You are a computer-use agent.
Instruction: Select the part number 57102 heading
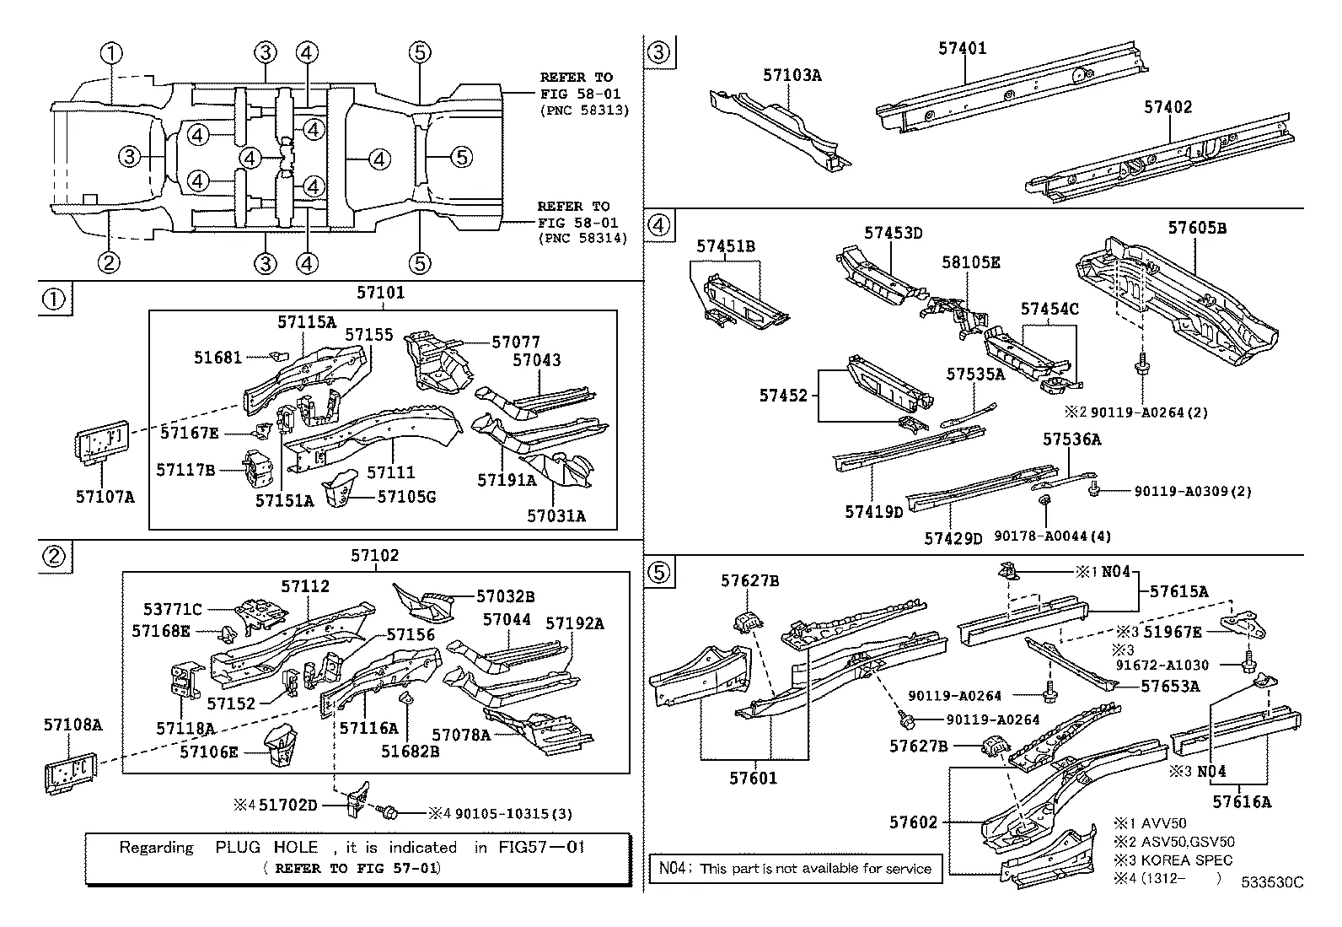click(x=375, y=555)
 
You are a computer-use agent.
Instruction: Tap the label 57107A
click(x=105, y=497)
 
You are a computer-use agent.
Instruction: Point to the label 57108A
click(x=73, y=724)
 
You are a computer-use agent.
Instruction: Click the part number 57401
click(x=962, y=49)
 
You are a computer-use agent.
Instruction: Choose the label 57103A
click(x=792, y=75)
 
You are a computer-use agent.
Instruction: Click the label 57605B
click(x=1197, y=228)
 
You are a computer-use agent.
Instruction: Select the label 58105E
click(x=971, y=262)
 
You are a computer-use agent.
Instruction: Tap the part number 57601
click(x=754, y=778)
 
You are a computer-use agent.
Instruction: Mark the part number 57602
click(x=915, y=822)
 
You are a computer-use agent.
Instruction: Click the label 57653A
click(x=1170, y=686)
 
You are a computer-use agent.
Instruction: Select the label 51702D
click(x=287, y=805)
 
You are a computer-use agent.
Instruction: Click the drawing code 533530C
click(x=1271, y=882)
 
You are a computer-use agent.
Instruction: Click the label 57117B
click(x=186, y=469)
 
